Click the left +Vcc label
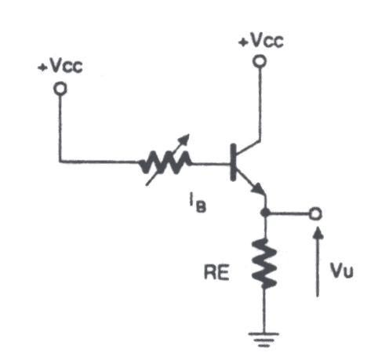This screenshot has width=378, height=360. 60,66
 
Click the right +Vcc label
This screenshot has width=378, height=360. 261,41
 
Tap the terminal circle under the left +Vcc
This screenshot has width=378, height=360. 60,89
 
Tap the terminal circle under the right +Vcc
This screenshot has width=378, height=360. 260,61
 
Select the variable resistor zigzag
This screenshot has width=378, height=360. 165,162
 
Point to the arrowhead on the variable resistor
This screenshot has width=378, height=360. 185,138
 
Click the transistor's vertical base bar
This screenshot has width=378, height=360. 233,162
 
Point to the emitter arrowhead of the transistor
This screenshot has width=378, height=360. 259,189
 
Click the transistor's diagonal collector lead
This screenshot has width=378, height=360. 248,147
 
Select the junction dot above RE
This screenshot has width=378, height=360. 265,213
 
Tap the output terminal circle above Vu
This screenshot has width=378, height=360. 315,214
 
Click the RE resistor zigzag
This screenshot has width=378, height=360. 264,264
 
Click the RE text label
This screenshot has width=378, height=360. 216,272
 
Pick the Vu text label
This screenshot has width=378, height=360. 341,270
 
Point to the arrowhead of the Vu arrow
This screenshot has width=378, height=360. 318,232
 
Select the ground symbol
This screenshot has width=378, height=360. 264,340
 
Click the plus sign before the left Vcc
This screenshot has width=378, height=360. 42,68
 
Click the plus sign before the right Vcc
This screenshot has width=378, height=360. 243,42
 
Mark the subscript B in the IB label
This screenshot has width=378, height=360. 201,207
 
